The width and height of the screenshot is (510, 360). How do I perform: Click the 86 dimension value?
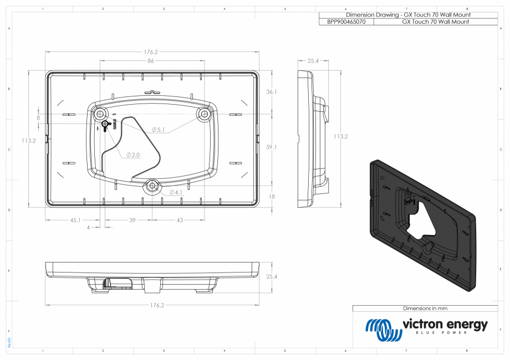[150, 61]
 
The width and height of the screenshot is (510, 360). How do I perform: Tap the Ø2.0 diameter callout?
[132, 155]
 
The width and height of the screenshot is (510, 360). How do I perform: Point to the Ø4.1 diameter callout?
[175, 192]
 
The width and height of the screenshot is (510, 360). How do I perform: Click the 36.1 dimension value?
[271, 92]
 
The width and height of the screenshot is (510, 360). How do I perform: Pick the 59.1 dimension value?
[271, 147]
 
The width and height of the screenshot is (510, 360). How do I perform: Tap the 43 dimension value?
[179, 220]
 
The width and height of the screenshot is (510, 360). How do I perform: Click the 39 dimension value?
[132, 220]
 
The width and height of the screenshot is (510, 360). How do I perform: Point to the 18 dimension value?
[271, 197]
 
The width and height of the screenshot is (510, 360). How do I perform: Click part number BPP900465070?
[346, 22]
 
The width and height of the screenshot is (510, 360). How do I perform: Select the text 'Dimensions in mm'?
[425, 308]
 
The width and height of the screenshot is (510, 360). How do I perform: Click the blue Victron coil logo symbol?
[382, 330]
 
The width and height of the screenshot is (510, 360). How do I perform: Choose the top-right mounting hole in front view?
[204, 114]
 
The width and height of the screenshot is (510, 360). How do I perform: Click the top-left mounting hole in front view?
[100, 114]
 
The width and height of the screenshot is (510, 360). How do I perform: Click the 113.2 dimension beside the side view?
[340, 136]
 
